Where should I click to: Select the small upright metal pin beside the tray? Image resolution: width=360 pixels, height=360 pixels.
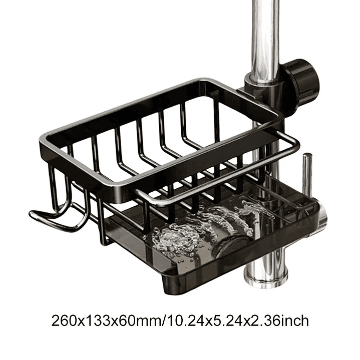tap(307, 179)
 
